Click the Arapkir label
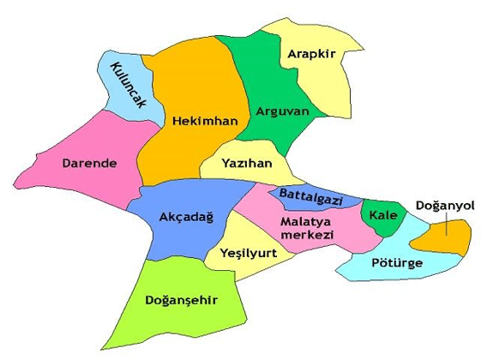310,54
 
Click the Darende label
90,161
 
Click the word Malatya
302,221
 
